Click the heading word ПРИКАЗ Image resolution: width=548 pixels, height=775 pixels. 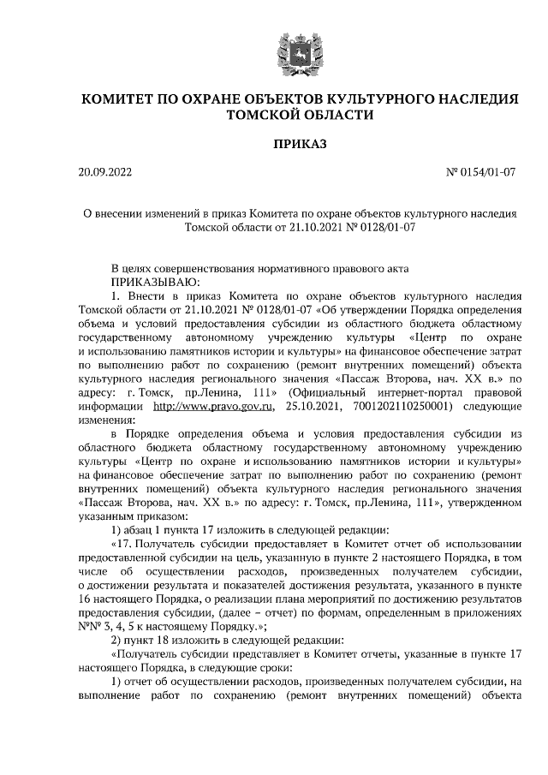click(299, 144)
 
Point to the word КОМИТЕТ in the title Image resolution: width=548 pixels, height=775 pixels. click(123, 99)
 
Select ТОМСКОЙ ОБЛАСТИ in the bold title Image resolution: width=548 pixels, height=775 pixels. click(299, 115)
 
